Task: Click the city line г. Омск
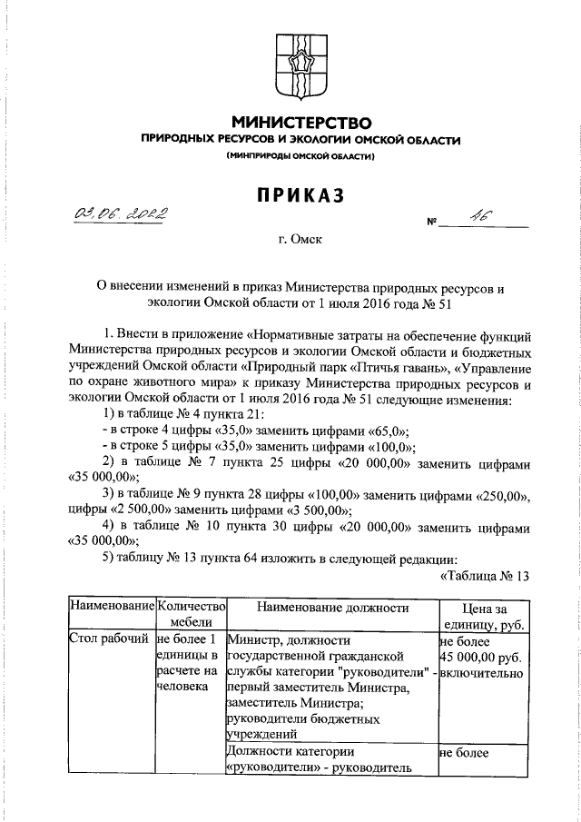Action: coord(300,240)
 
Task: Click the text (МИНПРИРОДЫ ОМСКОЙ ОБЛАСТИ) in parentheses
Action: coord(300,157)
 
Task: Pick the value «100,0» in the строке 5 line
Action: coord(391,447)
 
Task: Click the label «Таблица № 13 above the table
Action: coord(484,574)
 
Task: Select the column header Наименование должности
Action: coord(331,608)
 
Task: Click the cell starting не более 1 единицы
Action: coord(190,663)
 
